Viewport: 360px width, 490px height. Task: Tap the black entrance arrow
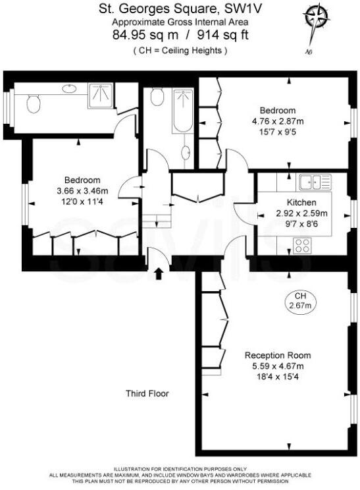158,273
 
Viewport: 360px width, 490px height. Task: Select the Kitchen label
301,202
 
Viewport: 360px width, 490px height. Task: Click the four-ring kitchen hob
303,246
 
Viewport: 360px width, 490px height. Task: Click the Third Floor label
147,394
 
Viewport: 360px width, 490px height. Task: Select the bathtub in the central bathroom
182,113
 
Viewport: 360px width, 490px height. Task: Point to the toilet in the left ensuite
35,102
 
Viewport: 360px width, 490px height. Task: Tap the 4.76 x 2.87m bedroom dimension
277,121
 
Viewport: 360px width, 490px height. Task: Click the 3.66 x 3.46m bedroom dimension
82,191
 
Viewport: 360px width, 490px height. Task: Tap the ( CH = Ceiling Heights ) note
180,50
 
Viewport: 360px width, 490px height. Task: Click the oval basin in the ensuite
68,88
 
